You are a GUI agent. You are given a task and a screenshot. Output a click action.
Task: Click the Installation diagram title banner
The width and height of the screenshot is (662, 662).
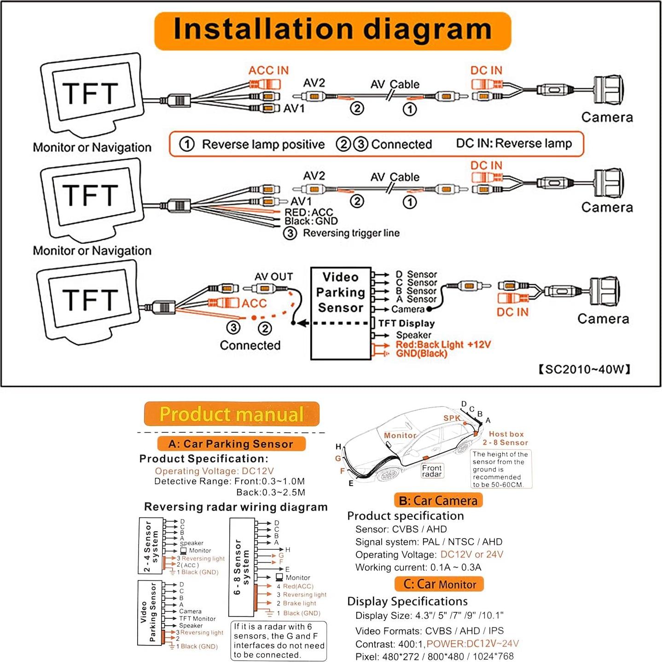click(x=332, y=30)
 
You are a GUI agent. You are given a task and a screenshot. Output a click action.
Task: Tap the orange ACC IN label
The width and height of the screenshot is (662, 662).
click(x=268, y=70)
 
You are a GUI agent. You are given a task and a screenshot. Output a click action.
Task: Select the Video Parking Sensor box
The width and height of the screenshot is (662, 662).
click(x=341, y=313)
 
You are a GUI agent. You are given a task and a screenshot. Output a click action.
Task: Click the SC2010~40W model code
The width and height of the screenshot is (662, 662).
click(x=584, y=369)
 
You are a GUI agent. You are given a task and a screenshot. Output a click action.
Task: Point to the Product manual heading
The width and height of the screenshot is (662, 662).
click(x=232, y=414)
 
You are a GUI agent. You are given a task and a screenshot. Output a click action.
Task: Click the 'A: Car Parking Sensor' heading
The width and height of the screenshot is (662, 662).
click(x=231, y=444)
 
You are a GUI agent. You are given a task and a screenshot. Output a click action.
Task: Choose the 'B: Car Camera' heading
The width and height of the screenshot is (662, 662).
click(x=438, y=500)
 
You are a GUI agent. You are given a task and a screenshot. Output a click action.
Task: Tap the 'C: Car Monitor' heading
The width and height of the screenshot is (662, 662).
click(x=440, y=584)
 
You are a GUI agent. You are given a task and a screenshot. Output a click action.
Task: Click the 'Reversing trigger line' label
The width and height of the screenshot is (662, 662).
click(x=351, y=233)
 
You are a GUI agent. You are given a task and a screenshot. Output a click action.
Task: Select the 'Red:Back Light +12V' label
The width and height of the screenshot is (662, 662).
click(x=443, y=344)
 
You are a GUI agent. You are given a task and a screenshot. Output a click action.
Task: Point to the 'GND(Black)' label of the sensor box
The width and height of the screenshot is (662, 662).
click(x=421, y=354)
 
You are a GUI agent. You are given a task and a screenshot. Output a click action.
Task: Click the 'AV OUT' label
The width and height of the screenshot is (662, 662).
click(x=273, y=277)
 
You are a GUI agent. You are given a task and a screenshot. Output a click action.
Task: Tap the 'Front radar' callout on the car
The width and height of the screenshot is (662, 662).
click(x=432, y=470)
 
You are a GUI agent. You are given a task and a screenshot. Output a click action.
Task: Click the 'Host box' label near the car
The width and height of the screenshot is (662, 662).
click(x=506, y=434)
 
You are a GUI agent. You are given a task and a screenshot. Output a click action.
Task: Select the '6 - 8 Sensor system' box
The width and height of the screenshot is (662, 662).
click(x=242, y=567)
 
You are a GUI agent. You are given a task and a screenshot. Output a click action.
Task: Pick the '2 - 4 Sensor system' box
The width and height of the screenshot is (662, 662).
click(x=151, y=546)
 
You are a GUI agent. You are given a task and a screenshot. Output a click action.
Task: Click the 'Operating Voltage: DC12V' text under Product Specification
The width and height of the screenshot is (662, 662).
click(x=214, y=471)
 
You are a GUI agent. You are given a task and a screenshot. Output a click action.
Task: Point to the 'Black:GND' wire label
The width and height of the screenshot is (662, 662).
click(x=311, y=221)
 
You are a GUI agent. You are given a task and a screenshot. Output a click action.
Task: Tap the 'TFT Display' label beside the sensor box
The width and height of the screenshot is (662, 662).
click(x=406, y=324)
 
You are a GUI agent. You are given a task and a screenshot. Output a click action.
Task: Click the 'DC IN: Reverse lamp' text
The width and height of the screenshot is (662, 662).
click(x=514, y=144)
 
